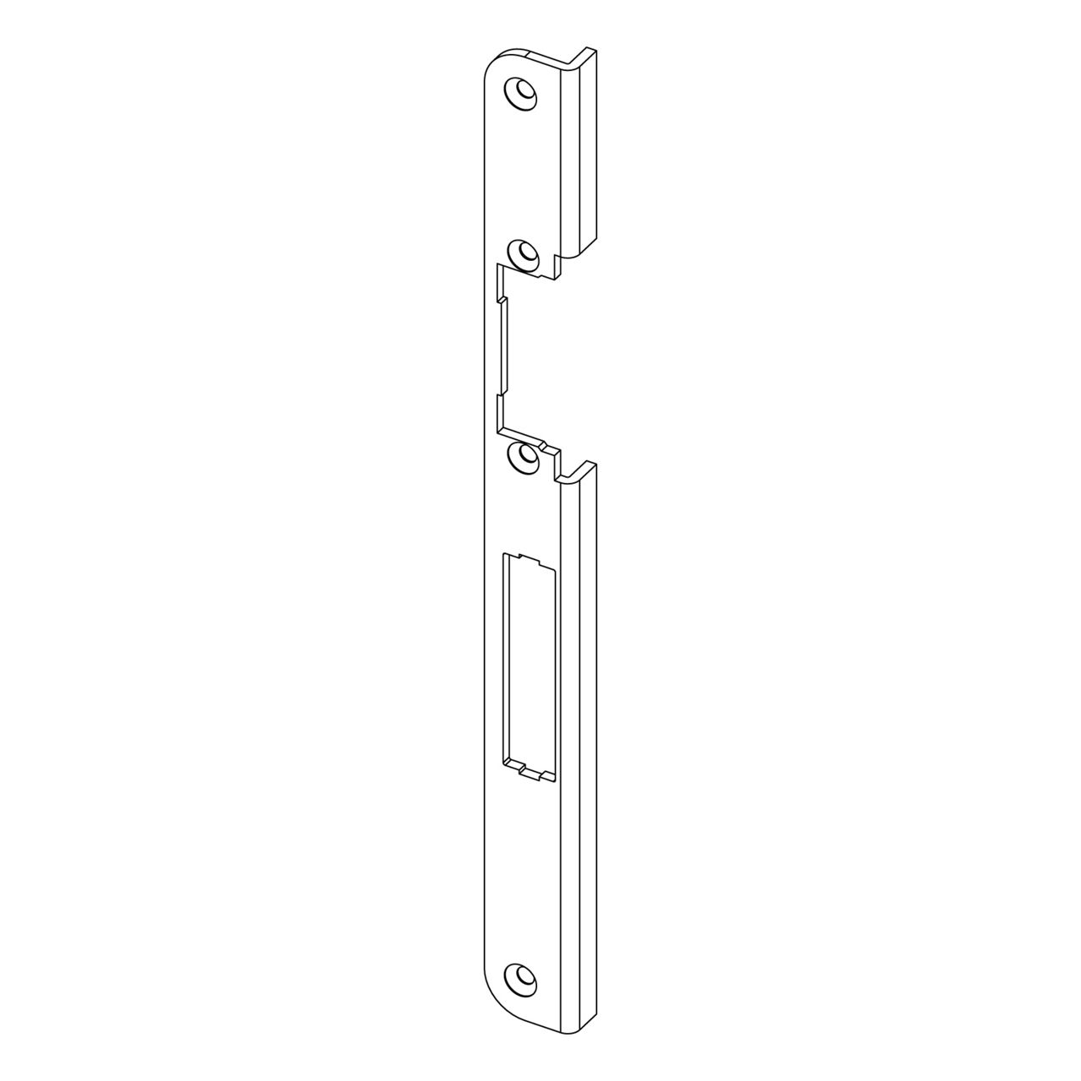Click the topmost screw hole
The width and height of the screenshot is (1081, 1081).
[x=522, y=92]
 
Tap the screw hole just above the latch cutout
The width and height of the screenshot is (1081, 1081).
[x=524, y=253]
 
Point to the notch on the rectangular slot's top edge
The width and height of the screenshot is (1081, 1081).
[x=530, y=558]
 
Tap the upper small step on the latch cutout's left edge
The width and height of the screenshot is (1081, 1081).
[x=501, y=299]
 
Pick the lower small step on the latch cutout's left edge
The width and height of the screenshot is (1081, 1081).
[x=501, y=394]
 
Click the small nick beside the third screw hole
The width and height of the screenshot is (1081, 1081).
[x=547, y=448]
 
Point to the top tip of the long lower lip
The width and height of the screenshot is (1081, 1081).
[x=586, y=465]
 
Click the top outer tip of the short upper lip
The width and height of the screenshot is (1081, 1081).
[x=588, y=52]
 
